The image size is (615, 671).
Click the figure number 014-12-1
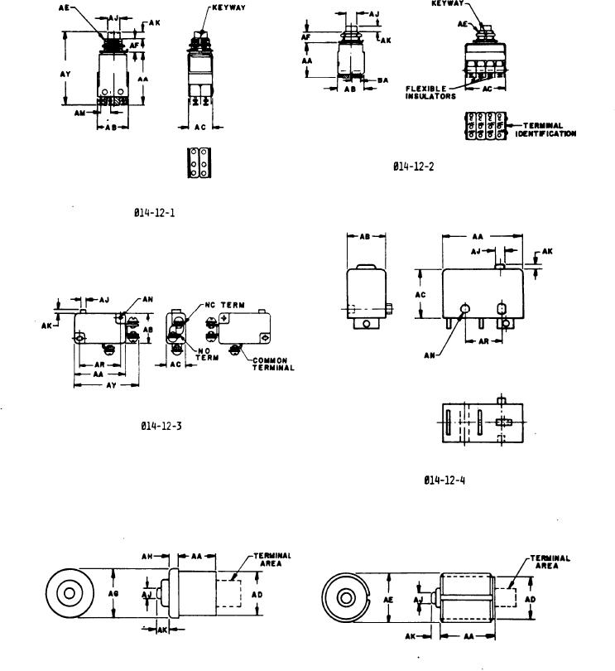pos(154,213)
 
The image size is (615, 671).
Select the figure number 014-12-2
pos(413,167)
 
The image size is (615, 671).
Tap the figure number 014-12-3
pos(161,427)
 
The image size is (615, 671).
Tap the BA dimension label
pos(383,80)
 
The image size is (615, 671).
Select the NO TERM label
pos(207,354)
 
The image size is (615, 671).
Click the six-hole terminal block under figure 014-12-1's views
pos(199,163)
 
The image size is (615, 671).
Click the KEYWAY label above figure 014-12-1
pos(225,7)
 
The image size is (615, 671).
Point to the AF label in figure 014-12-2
pos(306,36)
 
